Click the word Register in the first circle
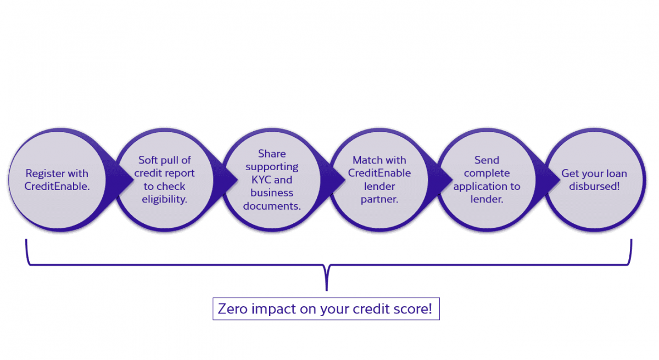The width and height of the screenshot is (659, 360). click(45, 173)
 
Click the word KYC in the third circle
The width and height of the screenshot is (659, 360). click(261, 180)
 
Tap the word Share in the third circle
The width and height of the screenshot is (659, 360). click(272, 154)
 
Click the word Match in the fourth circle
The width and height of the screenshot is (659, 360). click(365, 160)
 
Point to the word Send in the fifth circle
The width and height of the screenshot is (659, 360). click(487, 160)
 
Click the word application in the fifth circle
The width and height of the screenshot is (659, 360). click(478, 187)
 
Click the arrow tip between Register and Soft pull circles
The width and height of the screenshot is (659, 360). click(134, 180)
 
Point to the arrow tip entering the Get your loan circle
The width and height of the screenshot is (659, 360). click(560, 180)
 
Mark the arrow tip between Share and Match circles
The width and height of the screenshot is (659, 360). click(345, 180)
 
